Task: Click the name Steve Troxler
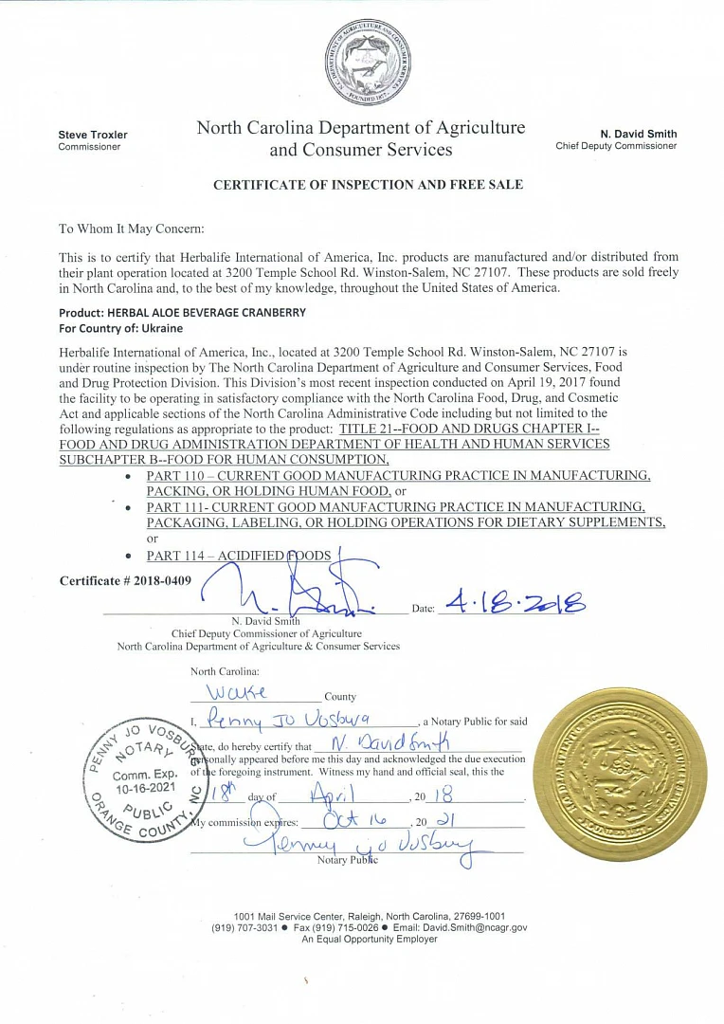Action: [93, 135]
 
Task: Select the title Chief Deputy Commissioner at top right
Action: [616, 146]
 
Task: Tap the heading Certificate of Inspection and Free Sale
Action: [368, 185]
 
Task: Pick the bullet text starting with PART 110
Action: [398, 483]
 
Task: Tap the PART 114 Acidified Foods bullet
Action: [239, 555]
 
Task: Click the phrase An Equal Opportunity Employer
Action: [370, 939]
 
